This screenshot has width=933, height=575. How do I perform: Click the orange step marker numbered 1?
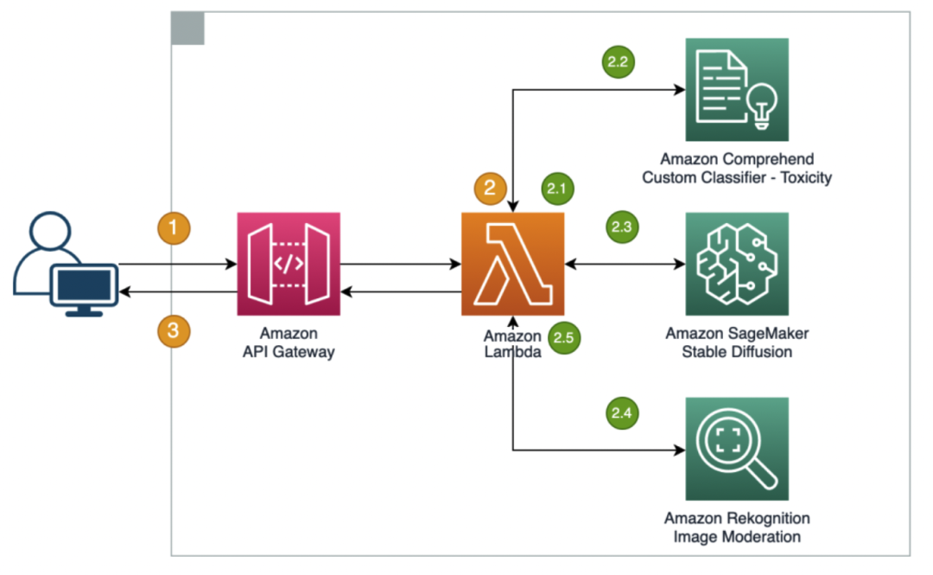tap(175, 229)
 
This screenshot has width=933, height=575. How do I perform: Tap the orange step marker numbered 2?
tap(491, 189)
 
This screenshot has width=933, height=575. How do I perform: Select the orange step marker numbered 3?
tap(175, 329)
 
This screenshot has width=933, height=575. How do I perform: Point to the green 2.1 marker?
tap(557, 188)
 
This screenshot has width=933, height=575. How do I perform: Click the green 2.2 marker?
tap(618, 61)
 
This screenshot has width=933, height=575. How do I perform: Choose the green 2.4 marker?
tap(621, 414)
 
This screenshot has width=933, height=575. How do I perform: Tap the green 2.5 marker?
tap(563, 338)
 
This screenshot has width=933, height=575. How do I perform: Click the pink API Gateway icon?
tap(289, 264)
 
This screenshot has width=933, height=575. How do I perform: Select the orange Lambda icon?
tap(512, 264)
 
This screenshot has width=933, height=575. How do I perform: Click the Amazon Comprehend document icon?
tap(736, 90)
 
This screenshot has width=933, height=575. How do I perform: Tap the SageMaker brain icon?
tap(736, 264)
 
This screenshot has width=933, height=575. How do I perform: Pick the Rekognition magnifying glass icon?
tap(736, 449)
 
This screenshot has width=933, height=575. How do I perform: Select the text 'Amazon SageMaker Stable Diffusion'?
tap(736, 342)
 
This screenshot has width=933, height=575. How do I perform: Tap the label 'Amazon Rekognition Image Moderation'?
tap(736, 527)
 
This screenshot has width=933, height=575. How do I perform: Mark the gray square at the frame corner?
tap(187, 29)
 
